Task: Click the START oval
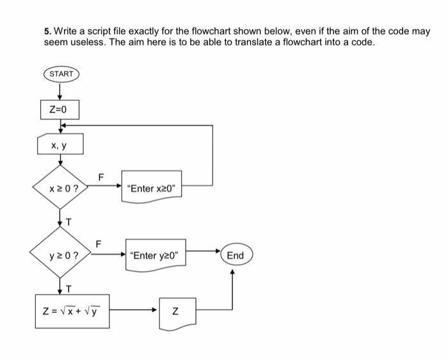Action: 61,74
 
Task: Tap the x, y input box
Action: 60,146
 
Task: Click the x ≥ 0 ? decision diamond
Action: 61,188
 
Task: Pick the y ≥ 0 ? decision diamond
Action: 61,255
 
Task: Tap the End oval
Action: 236,255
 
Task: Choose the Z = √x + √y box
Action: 71,312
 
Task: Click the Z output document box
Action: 176,313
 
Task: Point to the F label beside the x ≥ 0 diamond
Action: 100,176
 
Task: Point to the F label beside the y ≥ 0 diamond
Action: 98,243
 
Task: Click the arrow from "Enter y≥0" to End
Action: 204,255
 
